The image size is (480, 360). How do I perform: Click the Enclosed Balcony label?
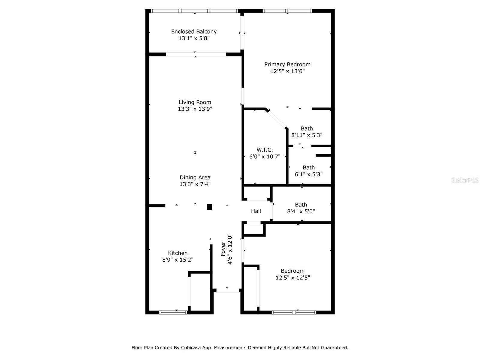click(x=194, y=31)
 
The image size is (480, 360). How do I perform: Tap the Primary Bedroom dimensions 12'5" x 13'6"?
click(x=287, y=71)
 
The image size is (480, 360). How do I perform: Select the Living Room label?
click(x=195, y=102)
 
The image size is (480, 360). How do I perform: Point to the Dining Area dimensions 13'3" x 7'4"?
click(x=195, y=184)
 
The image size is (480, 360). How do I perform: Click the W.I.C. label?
click(x=265, y=150)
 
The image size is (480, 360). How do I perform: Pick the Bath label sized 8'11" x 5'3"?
click(x=307, y=128)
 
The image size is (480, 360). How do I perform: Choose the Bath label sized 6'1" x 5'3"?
click(x=308, y=167)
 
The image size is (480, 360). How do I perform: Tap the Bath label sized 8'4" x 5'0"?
click(x=301, y=205)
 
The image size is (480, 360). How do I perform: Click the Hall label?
click(x=256, y=211)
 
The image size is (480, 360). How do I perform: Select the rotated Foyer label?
click(x=223, y=249)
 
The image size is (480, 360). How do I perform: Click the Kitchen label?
click(x=178, y=253)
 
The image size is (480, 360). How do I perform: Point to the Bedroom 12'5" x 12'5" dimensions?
click(x=292, y=278)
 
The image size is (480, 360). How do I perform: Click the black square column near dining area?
click(x=209, y=207)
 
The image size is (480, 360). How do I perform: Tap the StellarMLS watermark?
click(x=465, y=180)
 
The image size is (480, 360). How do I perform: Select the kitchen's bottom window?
click(x=173, y=313)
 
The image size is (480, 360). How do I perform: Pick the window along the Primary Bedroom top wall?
click(x=287, y=11)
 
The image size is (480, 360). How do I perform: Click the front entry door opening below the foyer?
click(x=227, y=291)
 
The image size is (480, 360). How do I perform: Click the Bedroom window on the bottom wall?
click(x=294, y=313)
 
